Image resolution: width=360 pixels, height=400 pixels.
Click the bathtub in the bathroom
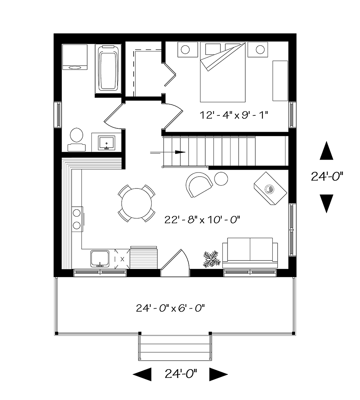[x=108, y=69]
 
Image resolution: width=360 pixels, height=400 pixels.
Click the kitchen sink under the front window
[x=100, y=259]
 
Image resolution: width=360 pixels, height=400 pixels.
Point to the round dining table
[x=137, y=203]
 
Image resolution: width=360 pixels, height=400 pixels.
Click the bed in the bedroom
[x=223, y=72]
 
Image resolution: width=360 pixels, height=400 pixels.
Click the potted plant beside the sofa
[x=212, y=259]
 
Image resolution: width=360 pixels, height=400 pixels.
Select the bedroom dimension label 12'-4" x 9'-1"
[x=234, y=115]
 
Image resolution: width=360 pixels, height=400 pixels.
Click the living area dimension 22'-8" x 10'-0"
[x=202, y=219]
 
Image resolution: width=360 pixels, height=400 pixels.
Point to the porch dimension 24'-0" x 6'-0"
[x=170, y=308]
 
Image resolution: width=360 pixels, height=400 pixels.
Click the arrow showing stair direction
[x=167, y=152]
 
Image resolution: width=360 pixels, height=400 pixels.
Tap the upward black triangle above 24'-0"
[x=326, y=151]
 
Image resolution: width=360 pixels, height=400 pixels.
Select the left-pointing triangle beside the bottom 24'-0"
[x=142, y=374]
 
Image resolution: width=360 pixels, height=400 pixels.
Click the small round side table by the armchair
[x=221, y=179]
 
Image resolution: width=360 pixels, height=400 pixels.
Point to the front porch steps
[x=175, y=348]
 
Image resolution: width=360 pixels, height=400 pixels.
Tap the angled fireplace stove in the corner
[x=271, y=188]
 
